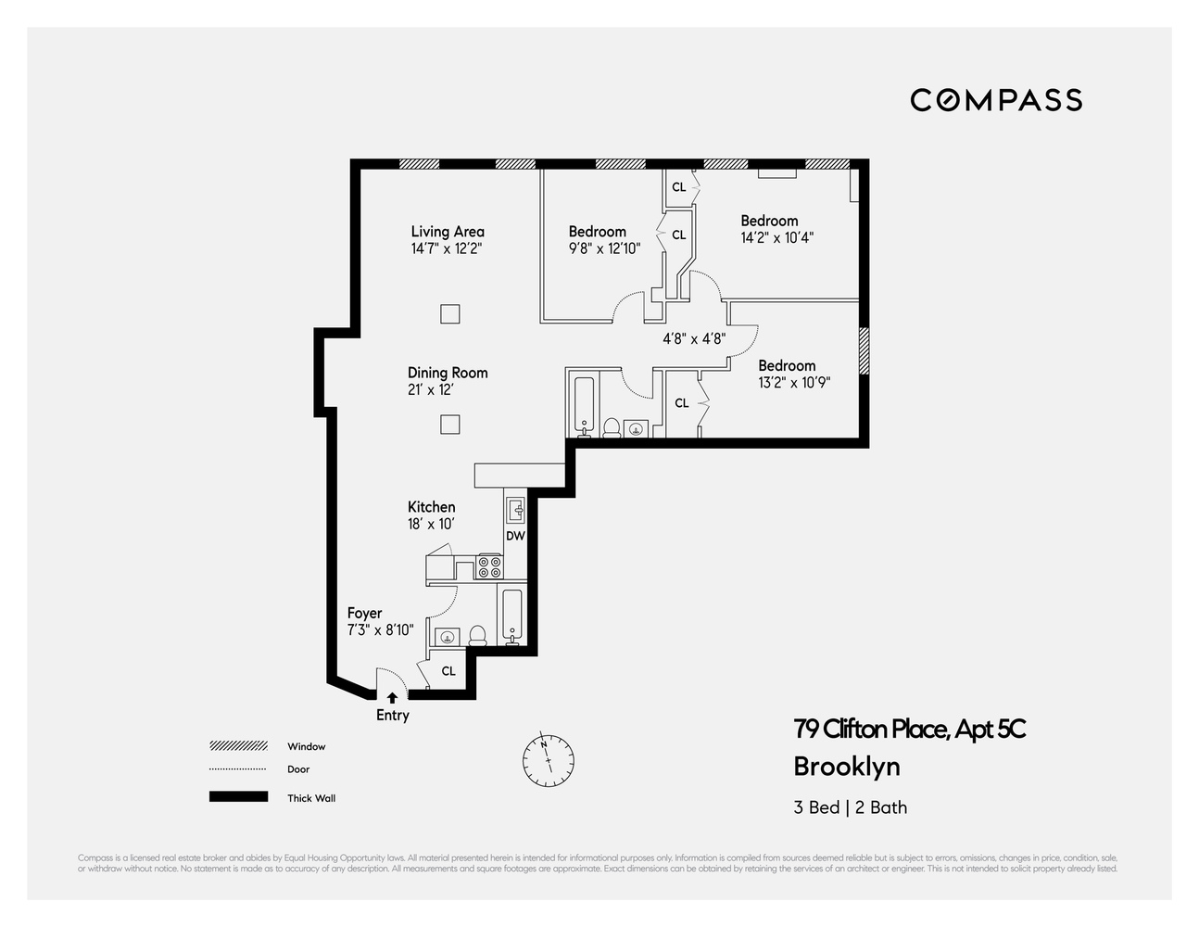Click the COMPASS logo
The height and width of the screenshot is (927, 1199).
click(996, 100)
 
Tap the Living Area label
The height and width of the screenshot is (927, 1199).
click(448, 232)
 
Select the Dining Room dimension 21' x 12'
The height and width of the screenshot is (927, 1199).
click(430, 390)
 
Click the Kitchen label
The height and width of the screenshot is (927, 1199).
click(431, 507)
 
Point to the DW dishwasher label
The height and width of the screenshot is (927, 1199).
click(515, 536)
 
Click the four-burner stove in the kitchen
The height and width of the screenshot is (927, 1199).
click(489, 566)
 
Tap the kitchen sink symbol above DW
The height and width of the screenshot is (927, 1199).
click(516, 509)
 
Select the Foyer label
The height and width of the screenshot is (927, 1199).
click(364, 614)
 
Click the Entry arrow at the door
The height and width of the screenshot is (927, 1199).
click(392, 697)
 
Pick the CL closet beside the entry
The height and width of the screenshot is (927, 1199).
click(448, 671)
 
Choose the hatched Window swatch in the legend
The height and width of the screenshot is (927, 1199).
click(238, 746)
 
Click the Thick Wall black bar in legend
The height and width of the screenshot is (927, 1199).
click(238, 797)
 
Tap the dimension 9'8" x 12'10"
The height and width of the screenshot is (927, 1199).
click(604, 248)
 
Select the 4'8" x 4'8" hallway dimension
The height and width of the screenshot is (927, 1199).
click(694, 339)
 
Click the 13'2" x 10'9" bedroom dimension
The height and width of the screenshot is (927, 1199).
click(794, 382)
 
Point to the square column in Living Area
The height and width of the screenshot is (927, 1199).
click(449, 313)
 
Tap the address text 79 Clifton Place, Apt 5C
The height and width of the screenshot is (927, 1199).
click(909, 730)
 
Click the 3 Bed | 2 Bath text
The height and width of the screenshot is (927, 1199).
click(850, 807)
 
